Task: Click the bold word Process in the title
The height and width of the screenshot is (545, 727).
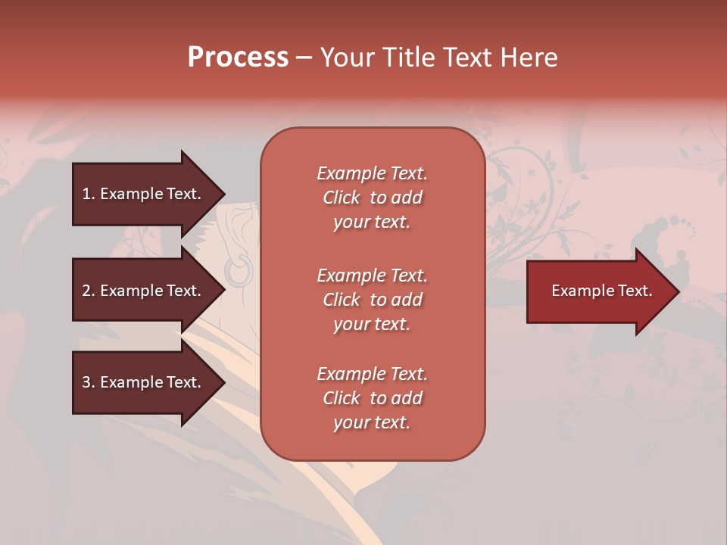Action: [x=238, y=58]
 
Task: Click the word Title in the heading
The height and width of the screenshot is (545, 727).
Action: [x=404, y=58]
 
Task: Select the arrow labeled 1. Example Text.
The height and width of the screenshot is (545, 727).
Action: [x=141, y=194]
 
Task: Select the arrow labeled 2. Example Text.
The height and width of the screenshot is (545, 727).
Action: [x=141, y=291]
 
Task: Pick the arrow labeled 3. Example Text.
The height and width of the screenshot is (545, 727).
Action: [x=141, y=382]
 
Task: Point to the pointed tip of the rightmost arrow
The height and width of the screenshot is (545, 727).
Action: [x=678, y=291]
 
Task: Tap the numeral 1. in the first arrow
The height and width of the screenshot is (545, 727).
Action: [x=89, y=194]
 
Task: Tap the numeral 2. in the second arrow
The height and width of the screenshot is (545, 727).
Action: [x=89, y=291]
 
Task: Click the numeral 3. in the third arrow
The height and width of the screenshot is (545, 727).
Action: [x=89, y=382]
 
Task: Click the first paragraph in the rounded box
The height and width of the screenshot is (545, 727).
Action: [x=372, y=198]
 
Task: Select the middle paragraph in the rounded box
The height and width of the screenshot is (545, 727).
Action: [x=372, y=300]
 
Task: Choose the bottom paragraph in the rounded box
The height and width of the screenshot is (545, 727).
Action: [x=372, y=398]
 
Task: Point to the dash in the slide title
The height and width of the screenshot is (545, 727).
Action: [x=304, y=58]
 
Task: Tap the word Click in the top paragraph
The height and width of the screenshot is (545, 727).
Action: [x=342, y=198]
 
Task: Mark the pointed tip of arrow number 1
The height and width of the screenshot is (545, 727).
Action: [x=223, y=194]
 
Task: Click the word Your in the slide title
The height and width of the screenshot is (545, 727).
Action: [x=348, y=58]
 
